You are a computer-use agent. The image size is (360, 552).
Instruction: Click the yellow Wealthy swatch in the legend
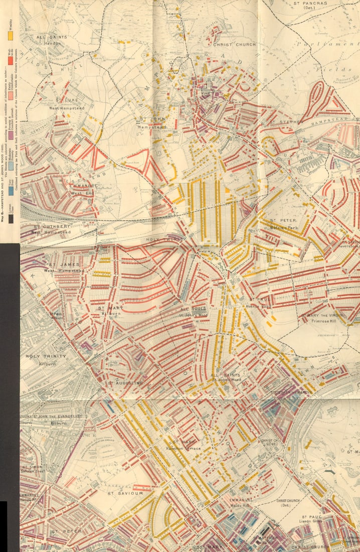tap(10, 36)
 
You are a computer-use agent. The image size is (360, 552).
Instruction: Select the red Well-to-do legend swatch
tap(10, 61)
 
